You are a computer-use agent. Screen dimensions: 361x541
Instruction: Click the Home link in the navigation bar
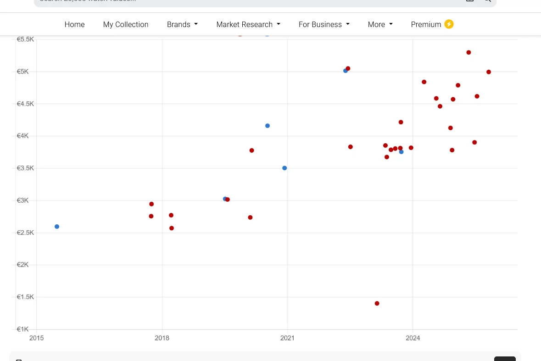(x=74, y=24)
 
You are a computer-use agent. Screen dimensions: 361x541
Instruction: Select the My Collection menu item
(x=126, y=24)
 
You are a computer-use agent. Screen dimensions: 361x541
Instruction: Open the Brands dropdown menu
(x=182, y=24)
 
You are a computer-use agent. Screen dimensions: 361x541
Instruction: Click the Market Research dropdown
(x=248, y=24)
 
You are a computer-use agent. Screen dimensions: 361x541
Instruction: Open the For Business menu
(x=323, y=24)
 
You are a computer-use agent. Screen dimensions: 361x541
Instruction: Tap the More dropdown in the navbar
(x=380, y=24)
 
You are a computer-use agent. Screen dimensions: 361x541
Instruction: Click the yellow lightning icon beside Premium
(x=449, y=24)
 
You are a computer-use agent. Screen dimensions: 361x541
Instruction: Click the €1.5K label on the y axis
(x=25, y=297)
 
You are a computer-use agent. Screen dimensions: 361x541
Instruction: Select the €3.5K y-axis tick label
(x=25, y=168)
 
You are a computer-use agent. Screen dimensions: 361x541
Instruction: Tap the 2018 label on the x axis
(x=162, y=339)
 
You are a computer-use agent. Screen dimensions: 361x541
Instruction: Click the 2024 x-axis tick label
(x=413, y=339)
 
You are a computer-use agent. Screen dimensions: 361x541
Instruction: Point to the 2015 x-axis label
(x=37, y=339)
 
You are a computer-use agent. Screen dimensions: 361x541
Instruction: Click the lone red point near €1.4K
(x=377, y=304)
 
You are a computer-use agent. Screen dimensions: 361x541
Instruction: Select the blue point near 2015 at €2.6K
(x=57, y=227)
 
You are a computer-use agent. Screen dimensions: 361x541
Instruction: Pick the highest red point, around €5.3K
(x=468, y=52)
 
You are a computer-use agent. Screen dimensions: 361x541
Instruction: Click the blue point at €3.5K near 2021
(x=284, y=168)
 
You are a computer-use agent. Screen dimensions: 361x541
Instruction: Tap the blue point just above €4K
(x=268, y=126)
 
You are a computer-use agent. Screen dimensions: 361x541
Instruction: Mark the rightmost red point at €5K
(x=489, y=72)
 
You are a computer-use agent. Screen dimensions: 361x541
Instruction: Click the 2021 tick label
(x=287, y=339)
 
